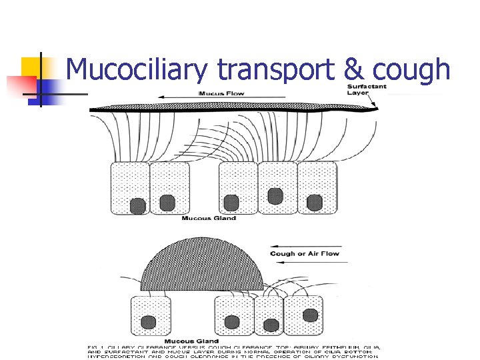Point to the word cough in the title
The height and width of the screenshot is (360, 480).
[x=411, y=70]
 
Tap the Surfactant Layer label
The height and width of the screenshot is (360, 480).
[x=366, y=89]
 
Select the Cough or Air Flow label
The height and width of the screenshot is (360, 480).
[x=305, y=253]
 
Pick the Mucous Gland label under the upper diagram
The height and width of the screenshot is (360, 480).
[x=209, y=218]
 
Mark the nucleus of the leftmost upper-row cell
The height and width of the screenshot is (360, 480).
[x=137, y=205]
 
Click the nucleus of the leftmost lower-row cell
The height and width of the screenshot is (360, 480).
[x=148, y=323]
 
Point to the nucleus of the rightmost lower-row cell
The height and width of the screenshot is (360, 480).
[x=309, y=314]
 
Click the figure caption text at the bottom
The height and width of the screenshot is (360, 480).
[x=233, y=351]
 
